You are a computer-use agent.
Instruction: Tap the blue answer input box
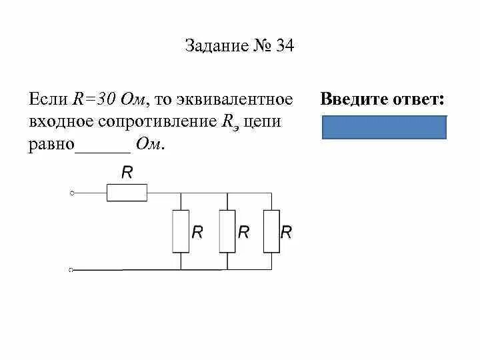tap(384, 127)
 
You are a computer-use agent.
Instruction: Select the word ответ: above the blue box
tap(415, 100)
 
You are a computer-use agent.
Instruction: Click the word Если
tap(48, 99)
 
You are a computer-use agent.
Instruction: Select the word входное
tap(61, 122)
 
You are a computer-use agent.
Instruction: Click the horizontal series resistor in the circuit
tap(127, 193)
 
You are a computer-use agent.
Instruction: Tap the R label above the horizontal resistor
tap(127, 173)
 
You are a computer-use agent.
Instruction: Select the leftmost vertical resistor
tap(181, 231)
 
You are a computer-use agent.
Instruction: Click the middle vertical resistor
tap(227, 231)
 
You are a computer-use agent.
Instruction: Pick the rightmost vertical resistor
tap(271, 231)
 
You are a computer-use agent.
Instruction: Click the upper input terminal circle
tap(72, 193)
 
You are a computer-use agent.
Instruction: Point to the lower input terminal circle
tap(72, 270)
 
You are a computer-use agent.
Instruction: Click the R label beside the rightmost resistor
tap(286, 232)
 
